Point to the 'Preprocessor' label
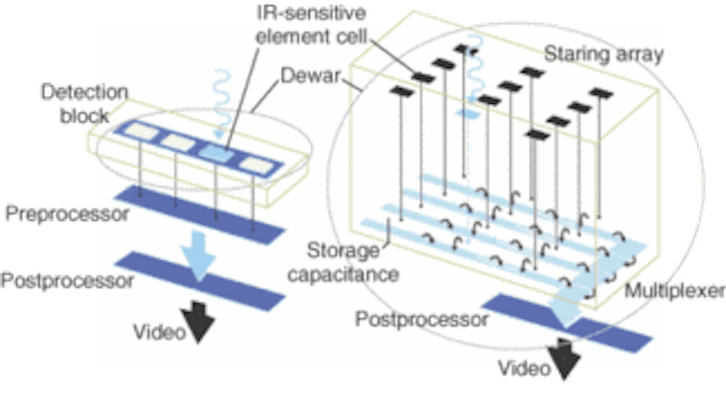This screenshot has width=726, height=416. [67, 214]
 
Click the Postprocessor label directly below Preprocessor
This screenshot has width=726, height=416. [67, 281]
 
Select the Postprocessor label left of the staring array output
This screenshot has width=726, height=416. [422, 319]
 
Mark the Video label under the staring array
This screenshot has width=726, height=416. [523, 367]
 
